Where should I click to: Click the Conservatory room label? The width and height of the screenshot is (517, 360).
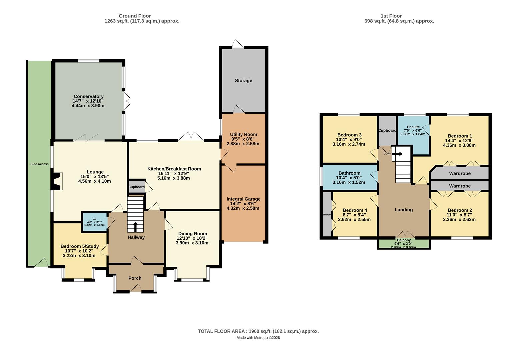88,96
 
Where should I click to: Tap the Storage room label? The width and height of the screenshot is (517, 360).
243,81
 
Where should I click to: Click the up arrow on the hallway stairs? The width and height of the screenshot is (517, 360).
135,227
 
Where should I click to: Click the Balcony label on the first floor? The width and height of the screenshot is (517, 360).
403,240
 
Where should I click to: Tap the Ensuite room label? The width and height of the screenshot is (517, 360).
413,127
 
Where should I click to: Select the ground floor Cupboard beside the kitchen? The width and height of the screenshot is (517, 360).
136,187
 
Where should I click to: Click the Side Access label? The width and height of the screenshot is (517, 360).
39,164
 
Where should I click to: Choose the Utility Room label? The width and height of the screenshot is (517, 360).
243,134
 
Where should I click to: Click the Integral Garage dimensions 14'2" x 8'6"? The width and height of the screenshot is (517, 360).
243,204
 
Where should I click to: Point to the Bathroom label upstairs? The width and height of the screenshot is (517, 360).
349,173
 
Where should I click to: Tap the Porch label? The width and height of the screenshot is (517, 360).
135,278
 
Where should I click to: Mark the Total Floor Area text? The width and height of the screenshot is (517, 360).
258,331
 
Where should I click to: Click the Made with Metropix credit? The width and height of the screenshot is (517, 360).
258,338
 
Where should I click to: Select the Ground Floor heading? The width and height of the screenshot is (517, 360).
135,16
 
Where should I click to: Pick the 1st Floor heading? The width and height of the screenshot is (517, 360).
391,16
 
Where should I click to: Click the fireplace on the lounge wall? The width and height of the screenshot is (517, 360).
57,181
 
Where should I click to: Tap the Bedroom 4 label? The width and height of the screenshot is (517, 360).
355,210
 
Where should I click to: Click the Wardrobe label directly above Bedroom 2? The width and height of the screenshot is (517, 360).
460,186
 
